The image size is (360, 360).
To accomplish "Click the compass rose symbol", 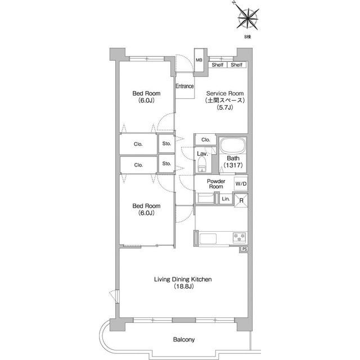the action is point(247,18).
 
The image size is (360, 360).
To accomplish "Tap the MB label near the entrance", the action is point(199,60).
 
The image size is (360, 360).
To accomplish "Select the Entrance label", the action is point(184,86).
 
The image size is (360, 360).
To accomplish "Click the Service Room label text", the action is point(225,93).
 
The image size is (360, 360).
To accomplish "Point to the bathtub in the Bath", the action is point(233,146).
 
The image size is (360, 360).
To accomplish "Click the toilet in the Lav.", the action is point(202,164).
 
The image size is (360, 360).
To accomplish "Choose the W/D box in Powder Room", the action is point(241,184).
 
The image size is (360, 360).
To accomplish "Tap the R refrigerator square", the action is point(241,200).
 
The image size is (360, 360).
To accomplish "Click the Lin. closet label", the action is point(226,199).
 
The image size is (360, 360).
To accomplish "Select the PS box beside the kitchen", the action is point(245,249).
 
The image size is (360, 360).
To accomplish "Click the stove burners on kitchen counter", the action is point(240,237).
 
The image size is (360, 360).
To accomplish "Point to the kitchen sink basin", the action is point(208,238).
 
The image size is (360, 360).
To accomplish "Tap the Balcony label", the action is point(184,339).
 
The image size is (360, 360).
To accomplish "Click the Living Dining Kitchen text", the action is point(183,279).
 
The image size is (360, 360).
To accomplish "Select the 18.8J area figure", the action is point(184,286).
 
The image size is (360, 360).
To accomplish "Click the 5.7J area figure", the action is point(225,107).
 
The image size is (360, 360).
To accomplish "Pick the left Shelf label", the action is point(218,65).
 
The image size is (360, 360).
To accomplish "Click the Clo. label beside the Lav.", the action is point(205,139).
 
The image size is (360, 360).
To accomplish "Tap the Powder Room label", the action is point(216,184).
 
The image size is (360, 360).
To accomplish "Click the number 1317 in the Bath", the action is point(233,165).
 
